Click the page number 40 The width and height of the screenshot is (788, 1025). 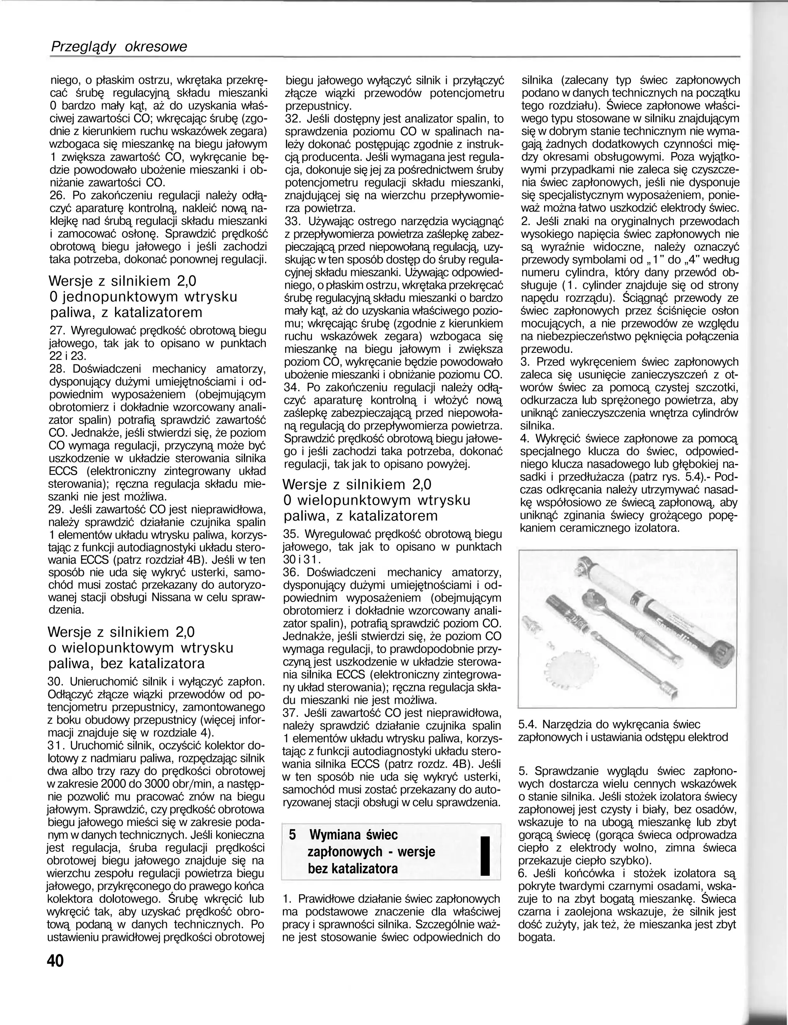55,960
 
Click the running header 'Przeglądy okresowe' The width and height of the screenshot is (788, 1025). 119,47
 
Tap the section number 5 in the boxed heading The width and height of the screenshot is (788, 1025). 293,835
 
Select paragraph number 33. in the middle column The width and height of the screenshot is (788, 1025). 294,220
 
